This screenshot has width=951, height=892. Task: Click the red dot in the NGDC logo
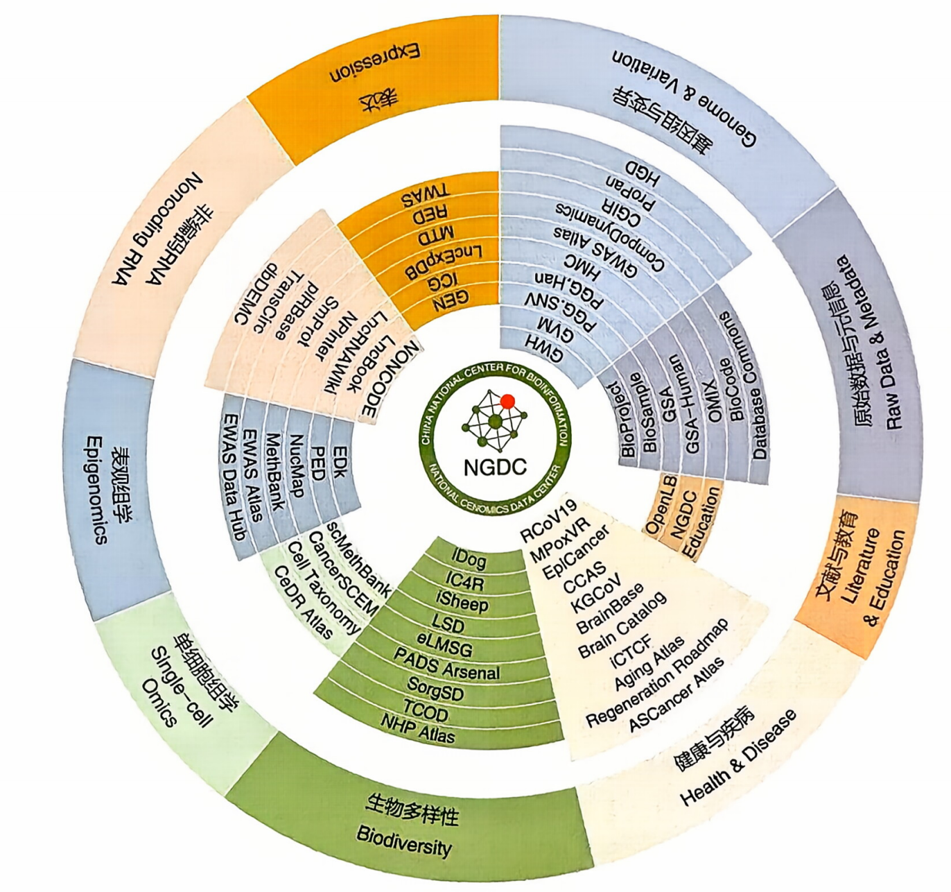click(x=507, y=401)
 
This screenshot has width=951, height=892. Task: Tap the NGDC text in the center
click(x=495, y=467)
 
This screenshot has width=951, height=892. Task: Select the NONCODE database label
click(x=390, y=378)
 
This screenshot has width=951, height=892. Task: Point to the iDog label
click(x=469, y=558)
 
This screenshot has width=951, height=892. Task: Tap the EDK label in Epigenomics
click(x=340, y=461)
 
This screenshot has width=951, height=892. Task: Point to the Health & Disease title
click(x=738, y=757)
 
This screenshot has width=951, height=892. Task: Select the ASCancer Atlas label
click(x=676, y=694)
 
